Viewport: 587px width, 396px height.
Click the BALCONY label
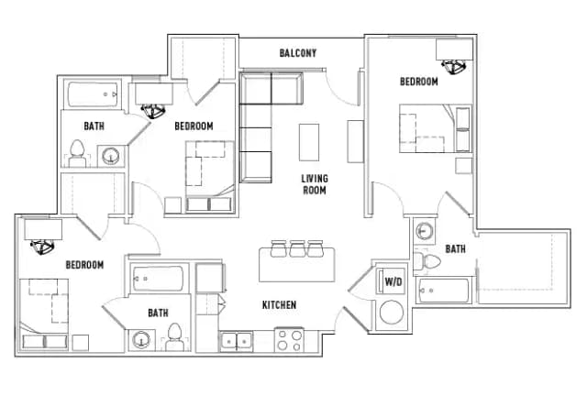click(298, 53)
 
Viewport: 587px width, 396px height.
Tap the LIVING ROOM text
click(315, 184)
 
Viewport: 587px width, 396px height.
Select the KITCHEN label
click(279, 304)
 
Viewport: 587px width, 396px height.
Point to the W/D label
click(393, 281)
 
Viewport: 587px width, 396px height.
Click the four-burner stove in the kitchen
click(290, 341)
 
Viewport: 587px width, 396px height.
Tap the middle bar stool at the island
click(296, 248)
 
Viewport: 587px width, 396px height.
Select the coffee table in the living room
click(310, 142)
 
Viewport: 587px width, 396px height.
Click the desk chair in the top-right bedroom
click(455, 65)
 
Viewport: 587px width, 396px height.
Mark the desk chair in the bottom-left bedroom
click(42, 246)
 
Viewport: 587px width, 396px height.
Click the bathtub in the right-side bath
click(444, 291)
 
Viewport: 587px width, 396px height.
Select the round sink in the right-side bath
click(425, 231)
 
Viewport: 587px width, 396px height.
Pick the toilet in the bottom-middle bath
click(174, 339)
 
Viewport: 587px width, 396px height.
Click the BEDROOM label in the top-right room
click(418, 82)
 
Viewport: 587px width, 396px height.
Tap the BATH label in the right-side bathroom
click(456, 248)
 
